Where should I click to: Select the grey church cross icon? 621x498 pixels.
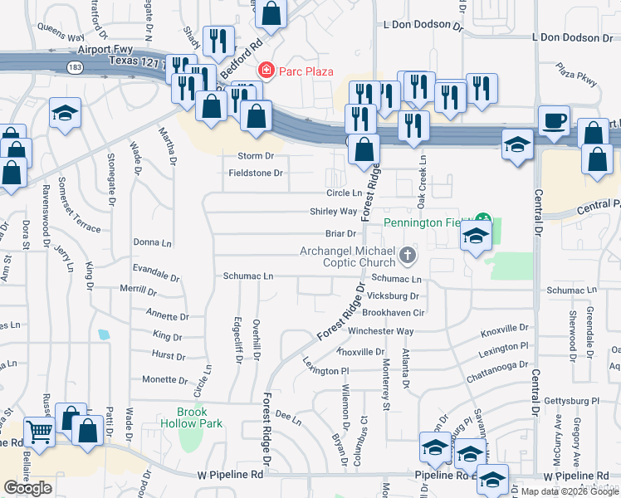[x=407, y=256]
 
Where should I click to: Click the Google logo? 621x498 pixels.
[x=27, y=488]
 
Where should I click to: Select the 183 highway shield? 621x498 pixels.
[x=75, y=65]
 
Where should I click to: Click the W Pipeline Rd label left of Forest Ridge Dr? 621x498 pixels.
[x=230, y=475]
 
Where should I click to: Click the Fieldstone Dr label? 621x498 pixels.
[x=256, y=173]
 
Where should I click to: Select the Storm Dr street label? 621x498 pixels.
[x=256, y=155]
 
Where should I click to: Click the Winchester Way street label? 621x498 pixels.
[x=380, y=331]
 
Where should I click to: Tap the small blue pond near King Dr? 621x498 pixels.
[x=103, y=335]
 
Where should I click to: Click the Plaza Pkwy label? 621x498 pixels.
[x=576, y=74]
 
